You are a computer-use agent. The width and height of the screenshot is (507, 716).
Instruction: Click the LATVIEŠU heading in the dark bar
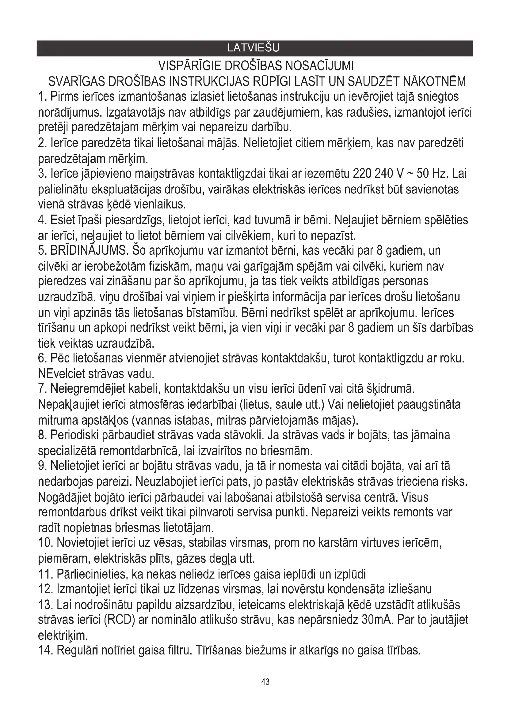(x=253, y=48)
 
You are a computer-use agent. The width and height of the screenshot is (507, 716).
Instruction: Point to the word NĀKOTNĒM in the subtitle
(x=435, y=82)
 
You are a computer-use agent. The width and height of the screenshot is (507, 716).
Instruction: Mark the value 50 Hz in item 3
(x=430, y=174)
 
